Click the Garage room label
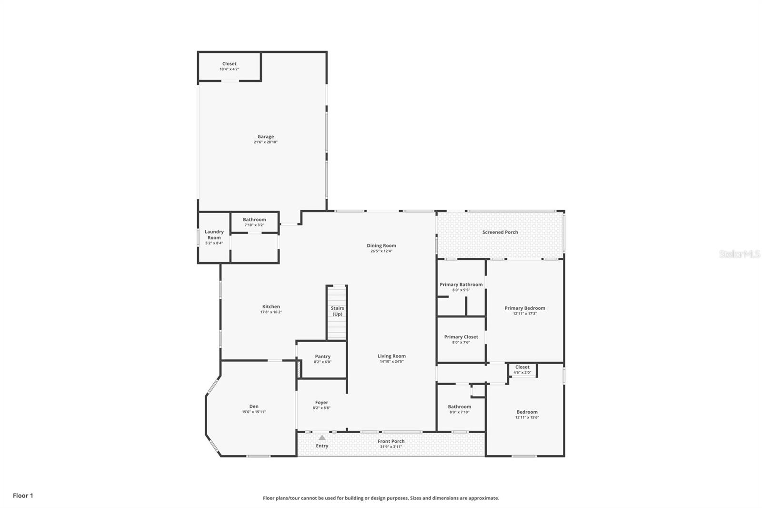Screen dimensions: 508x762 click(x=266, y=137)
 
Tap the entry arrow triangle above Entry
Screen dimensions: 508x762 click(x=322, y=437)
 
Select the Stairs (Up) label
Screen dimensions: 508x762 click(x=337, y=311)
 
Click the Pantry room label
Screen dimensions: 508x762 click(x=322, y=356)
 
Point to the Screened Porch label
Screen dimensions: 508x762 click(x=500, y=232)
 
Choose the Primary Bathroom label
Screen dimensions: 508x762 click(x=461, y=284)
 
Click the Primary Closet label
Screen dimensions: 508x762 click(x=461, y=337)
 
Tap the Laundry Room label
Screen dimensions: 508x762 click(x=214, y=234)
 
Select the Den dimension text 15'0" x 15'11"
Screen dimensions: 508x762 click(x=254, y=412)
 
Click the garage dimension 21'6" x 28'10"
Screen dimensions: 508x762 click(x=266, y=142)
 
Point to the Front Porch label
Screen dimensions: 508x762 click(x=391, y=441)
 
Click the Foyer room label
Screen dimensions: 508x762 click(x=321, y=403)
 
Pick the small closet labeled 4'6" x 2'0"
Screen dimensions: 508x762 click(x=522, y=369)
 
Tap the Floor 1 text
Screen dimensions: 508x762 click(x=23, y=496)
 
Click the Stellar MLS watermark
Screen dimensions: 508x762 click(x=739, y=254)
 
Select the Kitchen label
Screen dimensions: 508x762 click(x=271, y=307)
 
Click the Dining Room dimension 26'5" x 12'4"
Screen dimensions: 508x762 click(x=381, y=251)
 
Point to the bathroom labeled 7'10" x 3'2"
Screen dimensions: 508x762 click(x=254, y=222)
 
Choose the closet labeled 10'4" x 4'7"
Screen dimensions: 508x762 click(x=229, y=66)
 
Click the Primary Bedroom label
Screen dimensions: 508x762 click(x=525, y=308)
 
